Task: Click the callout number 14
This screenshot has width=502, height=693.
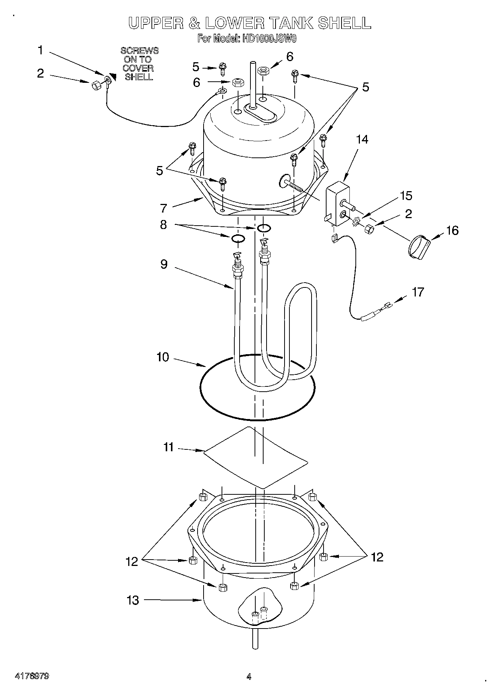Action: pyautogui.click(x=362, y=139)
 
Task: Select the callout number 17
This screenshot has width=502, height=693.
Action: pyautogui.click(x=418, y=292)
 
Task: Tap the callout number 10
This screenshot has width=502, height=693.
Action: pyautogui.click(x=163, y=357)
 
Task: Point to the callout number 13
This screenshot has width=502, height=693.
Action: pyautogui.click(x=133, y=600)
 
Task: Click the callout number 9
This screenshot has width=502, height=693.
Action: pyautogui.click(x=164, y=264)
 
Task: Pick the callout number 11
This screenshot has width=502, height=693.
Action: pyautogui.click(x=168, y=447)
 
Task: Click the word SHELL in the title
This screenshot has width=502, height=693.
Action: pyautogui.click(x=344, y=23)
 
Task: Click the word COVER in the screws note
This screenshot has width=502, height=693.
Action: pyautogui.click(x=138, y=68)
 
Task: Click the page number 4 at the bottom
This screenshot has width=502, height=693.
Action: pyautogui.click(x=249, y=677)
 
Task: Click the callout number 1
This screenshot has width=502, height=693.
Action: pyautogui.click(x=40, y=50)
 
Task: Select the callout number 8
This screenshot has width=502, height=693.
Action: pyautogui.click(x=163, y=225)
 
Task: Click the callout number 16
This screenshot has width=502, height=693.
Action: pyautogui.click(x=452, y=230)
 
